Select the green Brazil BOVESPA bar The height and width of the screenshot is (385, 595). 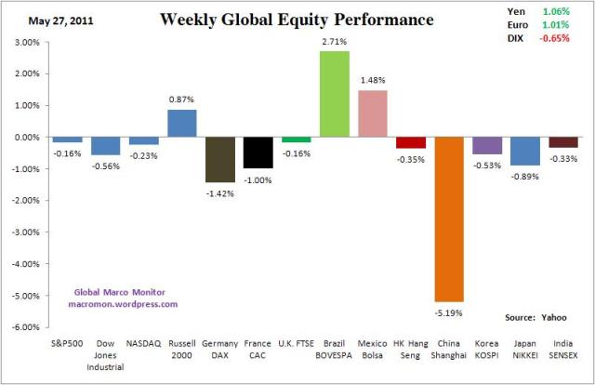[335, 94]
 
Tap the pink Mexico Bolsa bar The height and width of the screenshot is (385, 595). [373, 113]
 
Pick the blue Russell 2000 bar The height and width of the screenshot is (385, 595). [182, 123]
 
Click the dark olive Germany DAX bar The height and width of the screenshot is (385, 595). [220, 159]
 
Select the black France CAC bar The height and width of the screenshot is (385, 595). [258, 153]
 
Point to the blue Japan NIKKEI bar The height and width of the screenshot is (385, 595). [525, 151]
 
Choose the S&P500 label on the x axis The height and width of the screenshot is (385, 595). [68, 343]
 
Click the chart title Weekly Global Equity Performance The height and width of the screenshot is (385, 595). [283, 19]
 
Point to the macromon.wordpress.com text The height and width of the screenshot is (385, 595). [123, 303]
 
